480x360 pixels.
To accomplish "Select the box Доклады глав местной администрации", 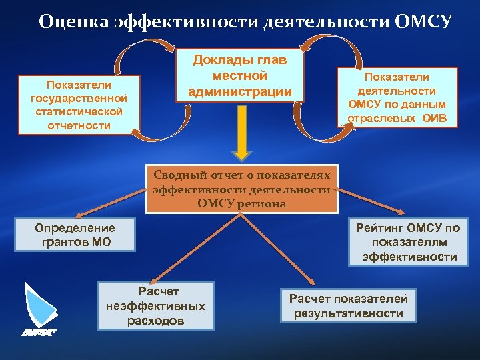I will (240, 75).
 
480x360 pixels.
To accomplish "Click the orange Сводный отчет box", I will (241, 189).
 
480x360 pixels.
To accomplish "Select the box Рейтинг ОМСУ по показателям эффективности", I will (408, 242).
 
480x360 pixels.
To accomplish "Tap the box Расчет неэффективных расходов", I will (155, 306).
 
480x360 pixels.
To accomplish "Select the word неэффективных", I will (155, 306).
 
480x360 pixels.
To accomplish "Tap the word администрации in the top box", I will (240, 91).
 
